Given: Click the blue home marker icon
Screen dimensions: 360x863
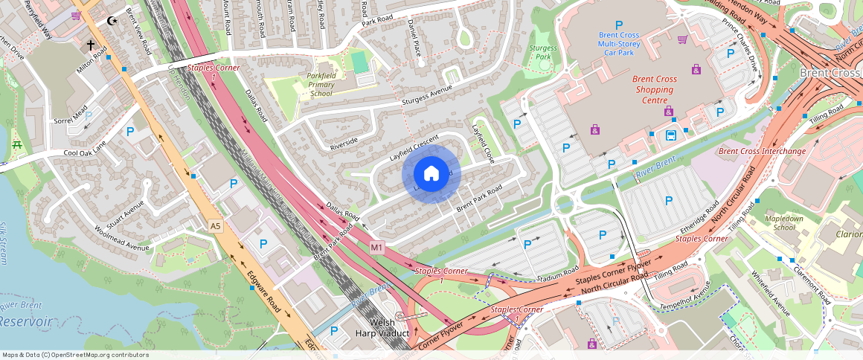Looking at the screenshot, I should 431,174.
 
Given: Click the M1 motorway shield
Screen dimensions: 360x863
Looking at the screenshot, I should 376,247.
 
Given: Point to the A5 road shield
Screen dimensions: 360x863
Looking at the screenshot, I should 216,225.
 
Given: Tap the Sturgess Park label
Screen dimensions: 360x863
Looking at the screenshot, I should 542,52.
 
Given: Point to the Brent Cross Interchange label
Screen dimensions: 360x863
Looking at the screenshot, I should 762,152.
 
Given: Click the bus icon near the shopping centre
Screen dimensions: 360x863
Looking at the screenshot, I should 671,135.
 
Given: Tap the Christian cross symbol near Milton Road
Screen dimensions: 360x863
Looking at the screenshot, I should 91,45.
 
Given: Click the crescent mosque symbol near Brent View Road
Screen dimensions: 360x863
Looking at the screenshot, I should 112,22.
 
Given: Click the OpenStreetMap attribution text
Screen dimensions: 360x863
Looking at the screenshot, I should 76,355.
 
